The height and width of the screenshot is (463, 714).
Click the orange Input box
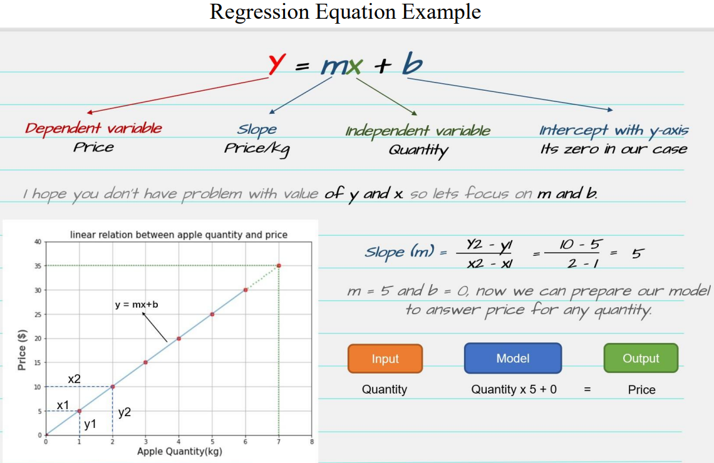[385, 359]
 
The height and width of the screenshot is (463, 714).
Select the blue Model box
[513, 359]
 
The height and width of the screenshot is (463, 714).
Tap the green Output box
[641, 359]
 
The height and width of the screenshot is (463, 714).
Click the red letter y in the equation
[277, 64]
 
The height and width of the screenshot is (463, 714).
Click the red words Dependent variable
[93, 128]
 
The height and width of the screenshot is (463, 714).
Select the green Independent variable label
[418, 131]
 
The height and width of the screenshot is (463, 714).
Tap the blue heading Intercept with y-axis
[614, 131]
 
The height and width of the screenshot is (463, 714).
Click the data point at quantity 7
[279, 266]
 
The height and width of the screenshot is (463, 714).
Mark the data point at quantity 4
[179, 338]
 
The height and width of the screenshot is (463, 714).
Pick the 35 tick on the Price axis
[38, 266]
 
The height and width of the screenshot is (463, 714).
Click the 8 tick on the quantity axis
[312, 442]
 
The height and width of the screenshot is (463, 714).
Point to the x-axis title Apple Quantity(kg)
[179, 451]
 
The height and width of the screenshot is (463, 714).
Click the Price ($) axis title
[22, 350]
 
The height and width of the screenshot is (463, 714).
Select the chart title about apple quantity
[178, 235]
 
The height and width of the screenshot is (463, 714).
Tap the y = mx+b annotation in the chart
[137, 304]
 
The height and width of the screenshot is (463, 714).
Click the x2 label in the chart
[75, 379]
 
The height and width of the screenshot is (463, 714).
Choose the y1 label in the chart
[90, 424]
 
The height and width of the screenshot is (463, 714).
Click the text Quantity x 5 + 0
[514, 389]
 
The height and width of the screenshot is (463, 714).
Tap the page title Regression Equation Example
[345, 12]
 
